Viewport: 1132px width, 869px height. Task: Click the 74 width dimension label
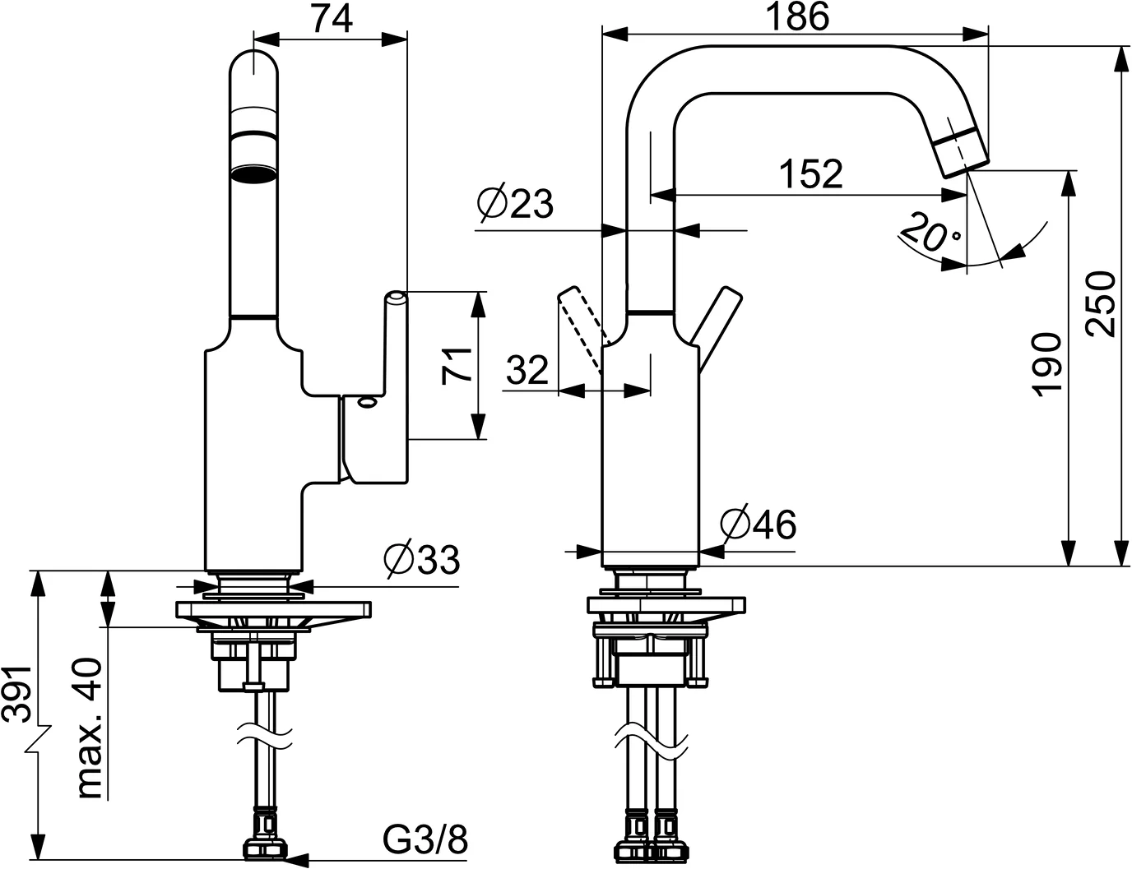[332, 18]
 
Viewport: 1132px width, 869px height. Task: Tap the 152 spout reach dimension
[811, 173]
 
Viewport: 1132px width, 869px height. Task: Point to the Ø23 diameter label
[515, 204]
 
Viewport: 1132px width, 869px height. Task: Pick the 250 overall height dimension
[1101, 302]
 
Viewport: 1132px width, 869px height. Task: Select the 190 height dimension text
[1047, 365]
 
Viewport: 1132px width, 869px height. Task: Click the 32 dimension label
[527, 371]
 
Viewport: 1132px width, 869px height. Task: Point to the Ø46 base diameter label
[758, 524]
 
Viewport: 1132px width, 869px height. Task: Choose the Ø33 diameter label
[421, 561]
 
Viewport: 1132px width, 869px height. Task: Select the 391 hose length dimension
[18, 693]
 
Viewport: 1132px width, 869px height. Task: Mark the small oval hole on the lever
[364, 403]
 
